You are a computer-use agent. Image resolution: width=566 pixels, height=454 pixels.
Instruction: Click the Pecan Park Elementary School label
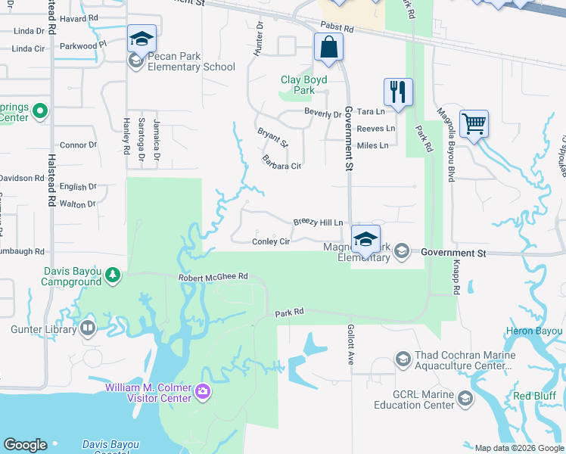point(192,61)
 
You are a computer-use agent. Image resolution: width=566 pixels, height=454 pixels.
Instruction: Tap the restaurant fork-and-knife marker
point(397,92)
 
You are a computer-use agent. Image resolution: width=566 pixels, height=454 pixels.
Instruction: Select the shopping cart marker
point(474,123)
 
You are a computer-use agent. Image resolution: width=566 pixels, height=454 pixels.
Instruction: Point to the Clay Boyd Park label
point(303,85)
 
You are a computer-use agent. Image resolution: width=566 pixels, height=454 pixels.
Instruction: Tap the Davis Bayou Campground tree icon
point(113,274)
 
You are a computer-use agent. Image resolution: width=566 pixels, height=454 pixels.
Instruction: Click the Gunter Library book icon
point(88,328)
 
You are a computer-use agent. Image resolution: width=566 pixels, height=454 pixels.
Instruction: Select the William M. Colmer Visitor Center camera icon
point(202,391)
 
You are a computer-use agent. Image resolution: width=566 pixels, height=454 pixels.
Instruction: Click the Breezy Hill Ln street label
point(318,222)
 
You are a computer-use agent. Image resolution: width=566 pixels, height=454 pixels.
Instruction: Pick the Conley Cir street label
point(271,242)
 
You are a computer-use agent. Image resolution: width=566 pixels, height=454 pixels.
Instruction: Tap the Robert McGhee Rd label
point(213,278)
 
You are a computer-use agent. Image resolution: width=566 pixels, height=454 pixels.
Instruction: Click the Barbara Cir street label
point(281,161)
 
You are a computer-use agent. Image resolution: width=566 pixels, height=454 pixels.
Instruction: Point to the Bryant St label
point(272,138)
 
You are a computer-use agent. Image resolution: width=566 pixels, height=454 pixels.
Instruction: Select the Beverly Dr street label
point(322,114)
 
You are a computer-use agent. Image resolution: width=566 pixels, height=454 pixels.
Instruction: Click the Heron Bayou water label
point(534,331)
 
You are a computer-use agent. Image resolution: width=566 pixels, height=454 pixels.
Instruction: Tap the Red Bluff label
point(534,396)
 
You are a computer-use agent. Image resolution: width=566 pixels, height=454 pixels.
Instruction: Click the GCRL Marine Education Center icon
point(465,399)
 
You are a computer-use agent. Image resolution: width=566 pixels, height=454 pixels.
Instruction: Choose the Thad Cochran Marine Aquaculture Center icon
point(403,357)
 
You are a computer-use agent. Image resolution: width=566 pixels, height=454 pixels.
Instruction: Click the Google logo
point(25,445)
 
